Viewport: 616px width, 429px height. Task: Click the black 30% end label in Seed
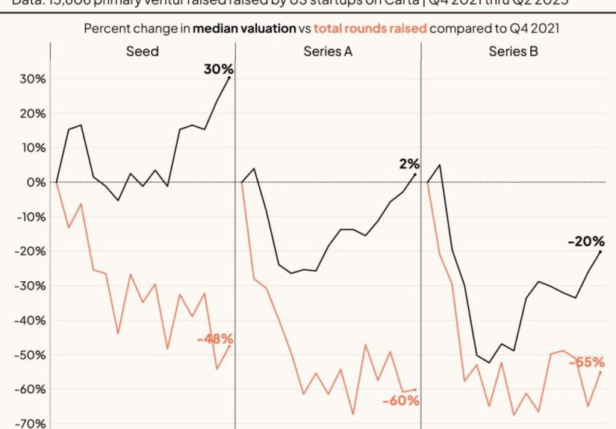point(217,69)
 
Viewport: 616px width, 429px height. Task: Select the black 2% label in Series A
point(409,164)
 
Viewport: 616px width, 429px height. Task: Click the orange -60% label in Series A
point(399,401)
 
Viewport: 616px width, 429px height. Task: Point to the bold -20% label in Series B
point(585,242)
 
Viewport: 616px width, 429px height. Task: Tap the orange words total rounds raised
point(370,28)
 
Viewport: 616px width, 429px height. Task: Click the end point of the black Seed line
point(229,78)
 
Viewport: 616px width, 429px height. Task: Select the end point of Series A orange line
point(414,389)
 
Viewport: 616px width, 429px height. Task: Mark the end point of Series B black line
point(600,252)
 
